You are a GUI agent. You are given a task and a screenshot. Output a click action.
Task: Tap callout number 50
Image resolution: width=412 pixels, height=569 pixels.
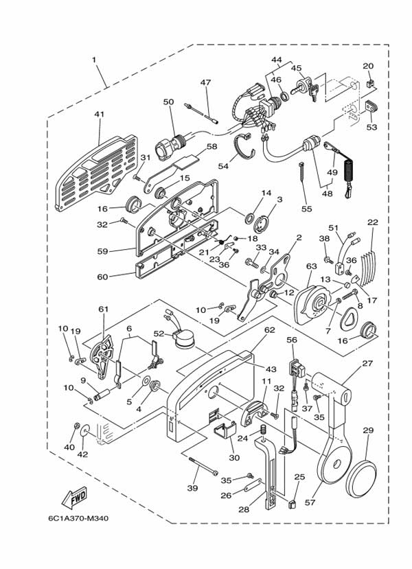tap(168, 102)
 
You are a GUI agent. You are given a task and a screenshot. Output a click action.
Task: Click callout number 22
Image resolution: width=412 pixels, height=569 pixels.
tap(372, 223)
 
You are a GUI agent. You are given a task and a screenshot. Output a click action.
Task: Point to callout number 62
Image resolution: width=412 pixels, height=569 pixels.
tap(268, 329)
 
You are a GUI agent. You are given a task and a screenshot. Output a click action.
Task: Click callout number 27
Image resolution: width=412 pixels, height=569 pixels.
tap(367, 363)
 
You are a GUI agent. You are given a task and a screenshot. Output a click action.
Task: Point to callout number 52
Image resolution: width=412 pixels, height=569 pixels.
tap(158, 334)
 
